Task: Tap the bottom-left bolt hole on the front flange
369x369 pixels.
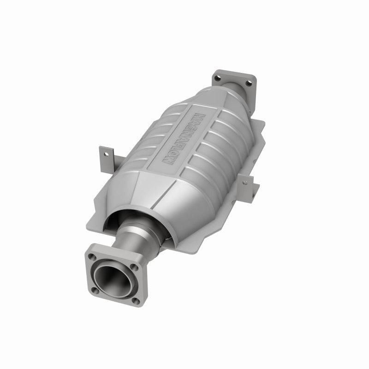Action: pyautogui.click(x=94, y=290)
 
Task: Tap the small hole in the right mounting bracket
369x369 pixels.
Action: pyautogui.click(x=244, y=182)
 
